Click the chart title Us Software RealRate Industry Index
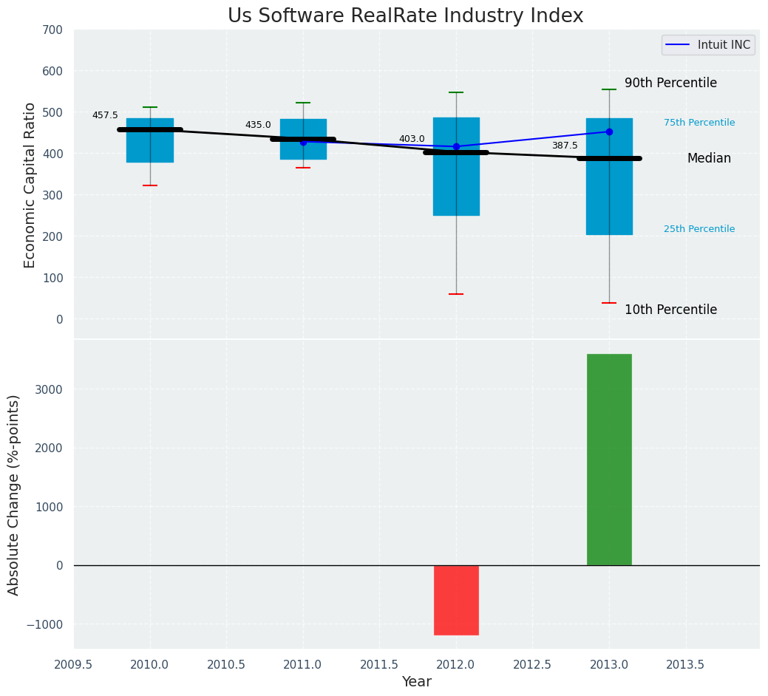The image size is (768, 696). tap(405, 16)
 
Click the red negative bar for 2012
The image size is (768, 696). tap(456, 600)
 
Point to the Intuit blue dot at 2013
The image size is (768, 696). tap(609, 132)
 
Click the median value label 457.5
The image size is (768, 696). tap(105, 115)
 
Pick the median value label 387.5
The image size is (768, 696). tap(565, 146)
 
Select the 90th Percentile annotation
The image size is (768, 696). tap(670, 83)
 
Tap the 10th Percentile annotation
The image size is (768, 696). tap(670, 310)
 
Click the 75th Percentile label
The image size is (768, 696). tap(699, 123)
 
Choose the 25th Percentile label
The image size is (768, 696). tap(699, 229)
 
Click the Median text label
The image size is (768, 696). tap(709, 159)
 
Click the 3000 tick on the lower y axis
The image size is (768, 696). tap(47, 389)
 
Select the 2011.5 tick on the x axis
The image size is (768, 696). tap(379, 664)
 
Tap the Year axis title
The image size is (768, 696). tap(416, 682)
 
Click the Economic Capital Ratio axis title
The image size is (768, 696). tap(30, 185)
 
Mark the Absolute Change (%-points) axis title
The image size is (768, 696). tap(14, 494)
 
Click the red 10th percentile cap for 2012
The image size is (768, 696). tap(456, 294)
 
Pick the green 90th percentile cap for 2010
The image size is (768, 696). tap(150, 107)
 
